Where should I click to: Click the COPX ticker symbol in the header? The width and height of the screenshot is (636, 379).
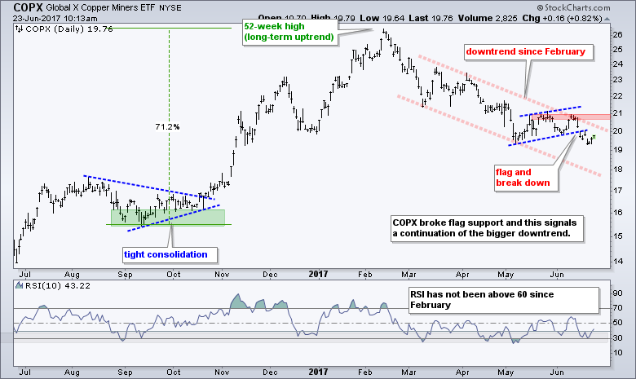19,6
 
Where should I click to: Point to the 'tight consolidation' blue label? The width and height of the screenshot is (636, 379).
165,254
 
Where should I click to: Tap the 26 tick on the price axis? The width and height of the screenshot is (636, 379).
618,35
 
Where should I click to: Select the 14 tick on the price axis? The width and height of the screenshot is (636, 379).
618,260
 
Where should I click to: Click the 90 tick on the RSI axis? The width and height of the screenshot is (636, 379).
618,293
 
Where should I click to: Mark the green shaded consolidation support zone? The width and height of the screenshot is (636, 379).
167,216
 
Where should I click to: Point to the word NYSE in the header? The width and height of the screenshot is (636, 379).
179,7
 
